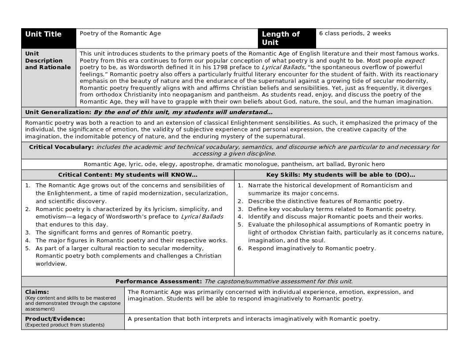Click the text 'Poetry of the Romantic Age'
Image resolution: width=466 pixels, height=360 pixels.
[120, 33]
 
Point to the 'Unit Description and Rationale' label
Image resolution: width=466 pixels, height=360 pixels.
[48, 60]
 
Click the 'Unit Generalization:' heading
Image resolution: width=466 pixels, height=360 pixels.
[58, 112]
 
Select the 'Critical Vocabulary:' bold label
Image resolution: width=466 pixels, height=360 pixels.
[61, 147]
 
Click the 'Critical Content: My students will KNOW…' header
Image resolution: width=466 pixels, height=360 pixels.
[128, 175]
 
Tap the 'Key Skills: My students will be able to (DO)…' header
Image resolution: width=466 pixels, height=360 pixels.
[340, 175]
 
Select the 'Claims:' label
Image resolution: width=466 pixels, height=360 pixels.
[37, 292]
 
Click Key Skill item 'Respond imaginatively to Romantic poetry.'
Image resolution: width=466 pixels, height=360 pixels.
[312, 249]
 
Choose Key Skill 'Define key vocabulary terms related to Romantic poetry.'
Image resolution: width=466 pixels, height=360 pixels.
[332, 209]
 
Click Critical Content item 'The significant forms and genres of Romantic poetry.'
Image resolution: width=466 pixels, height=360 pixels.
[114, 233]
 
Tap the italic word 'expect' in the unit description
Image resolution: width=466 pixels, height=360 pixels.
[414, 61]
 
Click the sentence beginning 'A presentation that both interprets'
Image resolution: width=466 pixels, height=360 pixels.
[254, 319]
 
